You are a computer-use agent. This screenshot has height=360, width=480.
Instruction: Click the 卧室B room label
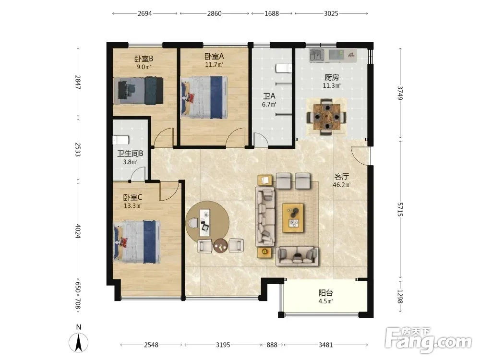(x=144, y=59)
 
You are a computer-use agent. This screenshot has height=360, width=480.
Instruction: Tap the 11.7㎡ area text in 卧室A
(x=214, y=65)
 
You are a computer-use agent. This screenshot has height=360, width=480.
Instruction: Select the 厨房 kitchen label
(x=332, y=77)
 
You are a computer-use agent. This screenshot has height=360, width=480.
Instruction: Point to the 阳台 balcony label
(x=325, y=293)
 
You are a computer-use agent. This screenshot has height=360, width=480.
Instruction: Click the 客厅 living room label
(x=342, y=177)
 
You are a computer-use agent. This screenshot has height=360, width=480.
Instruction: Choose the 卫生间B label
(x=130, y=154)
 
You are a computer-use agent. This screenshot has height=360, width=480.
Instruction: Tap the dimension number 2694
(x=144, y=13)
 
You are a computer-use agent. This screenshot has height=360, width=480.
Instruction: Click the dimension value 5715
(x=400, y=209)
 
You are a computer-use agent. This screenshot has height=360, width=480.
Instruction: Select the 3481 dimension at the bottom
(x=325, y=345)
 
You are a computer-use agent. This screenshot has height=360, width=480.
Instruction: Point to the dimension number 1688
(x=272, y=13)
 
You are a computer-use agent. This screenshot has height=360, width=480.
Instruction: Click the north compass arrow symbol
(x=79, y=342)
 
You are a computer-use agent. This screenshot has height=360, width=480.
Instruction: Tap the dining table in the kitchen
(x=327, y=117)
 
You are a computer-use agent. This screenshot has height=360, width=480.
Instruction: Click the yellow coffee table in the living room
(x=293, y=218)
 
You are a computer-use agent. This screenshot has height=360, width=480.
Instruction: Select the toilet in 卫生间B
(x=121, y=140)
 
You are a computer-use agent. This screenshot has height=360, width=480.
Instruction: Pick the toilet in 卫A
(x=283, y=68)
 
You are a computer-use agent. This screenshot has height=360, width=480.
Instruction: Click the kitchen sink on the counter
(x=317, y=55)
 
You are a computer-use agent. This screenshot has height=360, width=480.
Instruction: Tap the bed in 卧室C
(x=137, y=242)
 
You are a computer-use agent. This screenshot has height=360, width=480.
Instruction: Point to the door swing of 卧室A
(x=235, y=137)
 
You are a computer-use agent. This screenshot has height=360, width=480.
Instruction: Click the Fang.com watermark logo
(x=428, y=339)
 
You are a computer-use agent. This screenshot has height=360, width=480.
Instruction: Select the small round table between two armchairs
(x=220, y=245)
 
